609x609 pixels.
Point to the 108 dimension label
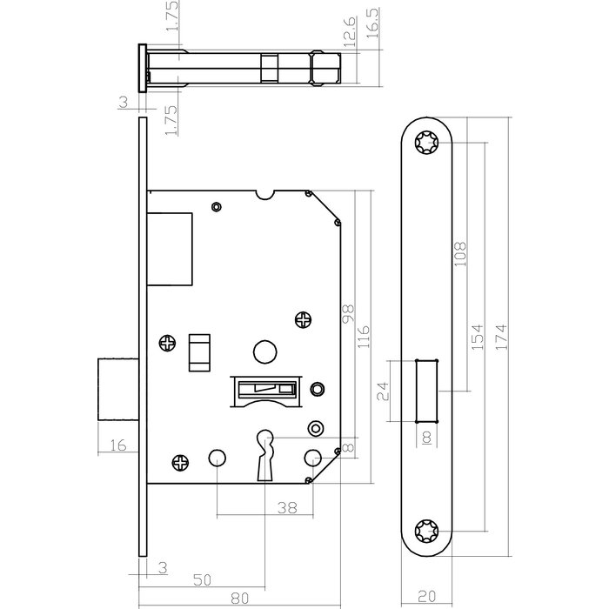click(x=460, y=252)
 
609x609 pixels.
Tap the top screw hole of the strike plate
click(x=429, y=143)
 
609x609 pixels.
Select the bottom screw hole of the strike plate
click(x=429, y=530)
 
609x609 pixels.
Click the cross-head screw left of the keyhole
click(x=181, y=464)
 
